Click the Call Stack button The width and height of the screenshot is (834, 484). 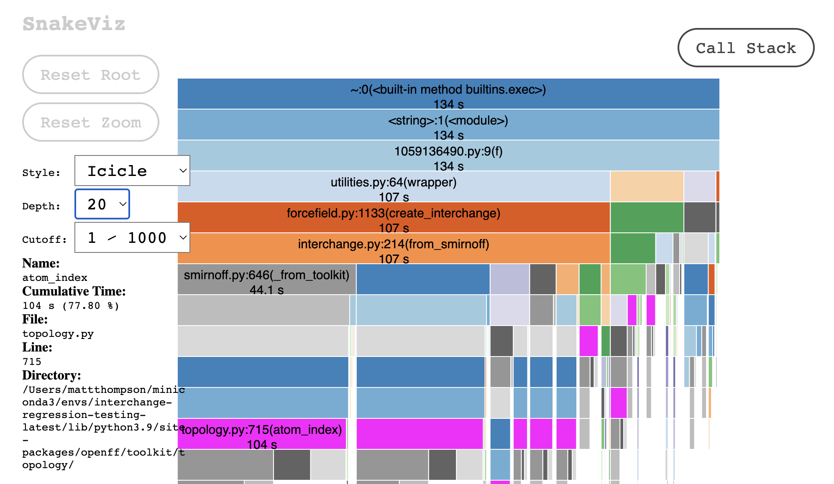745,48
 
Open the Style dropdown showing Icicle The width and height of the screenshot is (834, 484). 132,171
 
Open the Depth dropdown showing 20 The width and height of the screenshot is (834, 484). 102,204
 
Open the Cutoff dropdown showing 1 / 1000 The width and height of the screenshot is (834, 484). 132,237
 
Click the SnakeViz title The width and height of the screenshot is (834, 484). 74,24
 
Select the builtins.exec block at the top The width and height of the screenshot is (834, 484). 448,94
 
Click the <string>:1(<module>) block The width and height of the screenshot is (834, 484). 448,125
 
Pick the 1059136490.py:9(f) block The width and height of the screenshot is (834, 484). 448,155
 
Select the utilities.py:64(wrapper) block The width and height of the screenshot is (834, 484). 393,186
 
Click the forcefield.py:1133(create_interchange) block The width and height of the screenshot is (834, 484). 393,217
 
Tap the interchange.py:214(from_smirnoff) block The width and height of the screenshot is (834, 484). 393,248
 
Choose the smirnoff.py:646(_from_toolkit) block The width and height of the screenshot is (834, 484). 266,279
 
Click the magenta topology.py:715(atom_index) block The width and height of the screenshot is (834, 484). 262,434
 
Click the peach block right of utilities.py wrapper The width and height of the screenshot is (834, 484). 647,186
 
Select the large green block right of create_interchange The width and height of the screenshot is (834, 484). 647,217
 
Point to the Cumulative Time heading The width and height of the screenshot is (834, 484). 74,291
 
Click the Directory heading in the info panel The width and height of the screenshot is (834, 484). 51,375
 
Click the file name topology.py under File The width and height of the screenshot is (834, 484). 58,334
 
